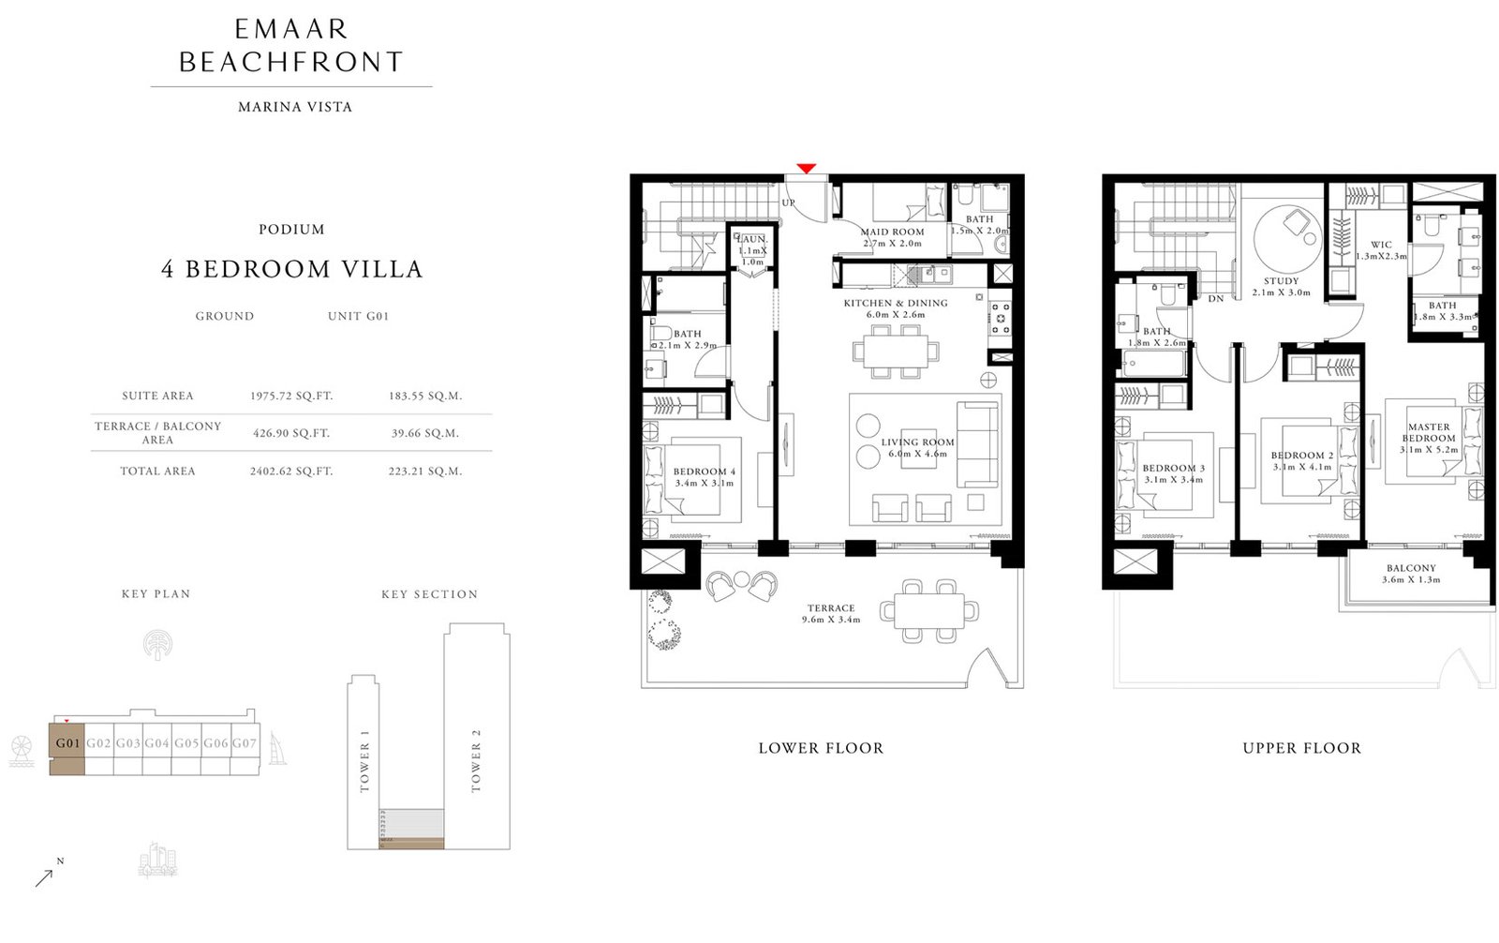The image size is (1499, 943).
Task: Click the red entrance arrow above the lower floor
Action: pyautogui.click(x=806, y=169)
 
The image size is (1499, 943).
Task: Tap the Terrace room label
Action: pyautogui.click(x=831, y=608)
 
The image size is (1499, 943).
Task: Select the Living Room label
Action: pyautogui.click(x=917, y=442)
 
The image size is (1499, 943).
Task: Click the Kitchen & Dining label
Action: pyautogui.click(x=895, y=304)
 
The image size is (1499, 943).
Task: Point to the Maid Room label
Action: pyautogui.click(x=892, y=232)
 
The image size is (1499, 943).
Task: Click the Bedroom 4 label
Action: pyautogui.click(x=704, y=472)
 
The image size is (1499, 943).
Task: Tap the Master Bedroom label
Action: pyautogui.click(x=1429, y=432)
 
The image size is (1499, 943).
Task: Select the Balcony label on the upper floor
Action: pyautogui.click(x=1411, y=568)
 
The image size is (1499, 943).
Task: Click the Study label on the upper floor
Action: pyautogui.click(x=1281, y=281)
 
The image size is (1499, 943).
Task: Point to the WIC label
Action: pyautogui.click(x=1381, y=245)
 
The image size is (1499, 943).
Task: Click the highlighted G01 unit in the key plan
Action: pyautogui.click(x=67, y=744)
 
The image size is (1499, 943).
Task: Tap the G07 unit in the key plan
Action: pyautogui.click(x=245, y=743)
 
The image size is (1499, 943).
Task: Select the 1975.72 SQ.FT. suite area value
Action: pyautogui.click(x=291, y=397)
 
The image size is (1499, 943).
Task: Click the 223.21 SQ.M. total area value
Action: pyautogui.click(x=425, y=471)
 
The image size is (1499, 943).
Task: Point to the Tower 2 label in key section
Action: pyautogui.click(x=476, y=759)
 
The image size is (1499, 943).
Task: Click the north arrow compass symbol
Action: pyautogui.click(x=45, y=877)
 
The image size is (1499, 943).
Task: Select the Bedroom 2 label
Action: pyautogui.click(x=1301, y=456)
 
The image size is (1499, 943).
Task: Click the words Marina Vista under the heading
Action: pyautogui.click(x=295, y=107)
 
